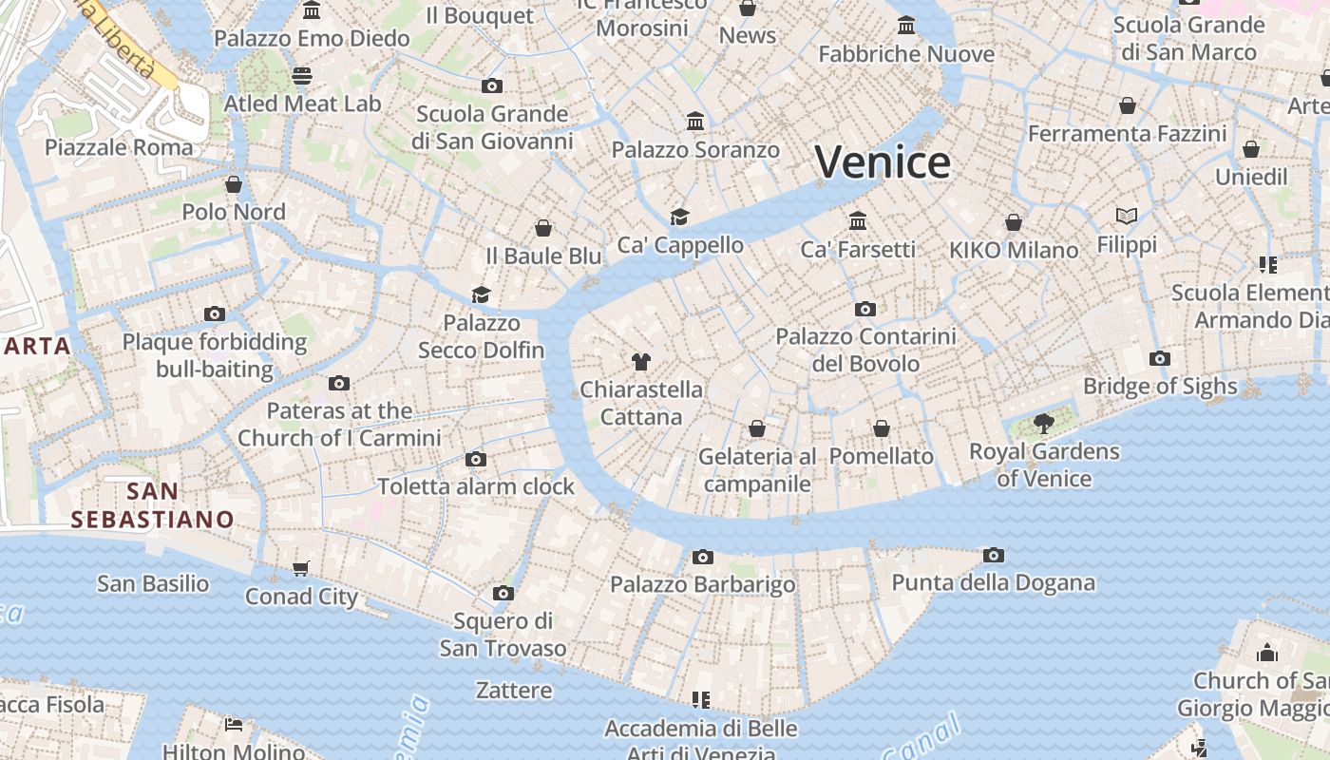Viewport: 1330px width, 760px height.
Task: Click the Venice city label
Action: point(883,162)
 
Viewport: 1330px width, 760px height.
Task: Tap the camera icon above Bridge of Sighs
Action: point(1159,359)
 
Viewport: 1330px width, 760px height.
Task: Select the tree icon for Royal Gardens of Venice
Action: point(1043,424)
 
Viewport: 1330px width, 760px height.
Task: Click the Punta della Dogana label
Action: point(993,582)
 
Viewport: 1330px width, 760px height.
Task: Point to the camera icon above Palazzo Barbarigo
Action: point(703,557)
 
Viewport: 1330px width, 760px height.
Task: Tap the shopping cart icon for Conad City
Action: point(301,569)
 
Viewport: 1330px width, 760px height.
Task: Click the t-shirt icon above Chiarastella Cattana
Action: point(641,362)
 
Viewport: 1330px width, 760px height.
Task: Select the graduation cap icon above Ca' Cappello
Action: point(679,218)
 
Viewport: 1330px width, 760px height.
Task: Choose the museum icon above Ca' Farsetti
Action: point(858,221)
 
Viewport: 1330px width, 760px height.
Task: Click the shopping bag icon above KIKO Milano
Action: point(1014,222)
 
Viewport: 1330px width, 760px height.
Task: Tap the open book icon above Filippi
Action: point(1127,217)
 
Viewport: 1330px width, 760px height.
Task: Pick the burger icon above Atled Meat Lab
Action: point(302,76)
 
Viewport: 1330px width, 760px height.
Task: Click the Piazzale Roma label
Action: point(119,147)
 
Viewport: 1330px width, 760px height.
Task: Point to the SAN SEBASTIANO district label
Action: point(152,505)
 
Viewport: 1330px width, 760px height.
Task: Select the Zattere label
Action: point(514,690)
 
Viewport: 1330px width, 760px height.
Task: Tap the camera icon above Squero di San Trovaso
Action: point(503,594)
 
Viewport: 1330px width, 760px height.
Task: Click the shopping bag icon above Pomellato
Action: point(882,428)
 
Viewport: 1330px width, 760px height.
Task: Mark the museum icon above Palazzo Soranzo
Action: point(695,122)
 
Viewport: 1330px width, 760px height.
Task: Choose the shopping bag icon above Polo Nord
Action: point(234,184)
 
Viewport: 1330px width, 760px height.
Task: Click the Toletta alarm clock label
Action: point(476,486)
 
